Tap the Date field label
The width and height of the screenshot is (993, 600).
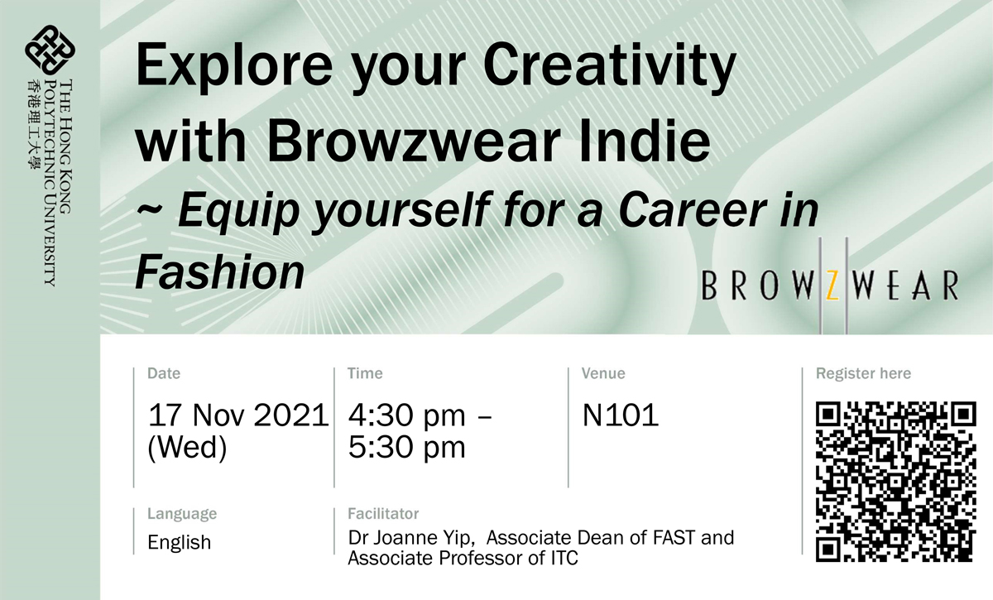point(163,373)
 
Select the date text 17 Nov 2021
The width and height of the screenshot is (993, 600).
point(237,415)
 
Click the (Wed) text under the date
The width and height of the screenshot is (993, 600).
point(187,447)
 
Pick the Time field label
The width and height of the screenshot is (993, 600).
point(365,373)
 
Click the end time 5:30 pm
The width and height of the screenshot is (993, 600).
point(406,447)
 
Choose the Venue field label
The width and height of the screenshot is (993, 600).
point(603,373)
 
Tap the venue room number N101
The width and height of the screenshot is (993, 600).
point(621,415)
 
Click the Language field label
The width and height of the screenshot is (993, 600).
point(182,513)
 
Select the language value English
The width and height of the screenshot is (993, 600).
point(180,543)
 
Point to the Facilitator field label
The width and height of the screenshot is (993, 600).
point(383,514)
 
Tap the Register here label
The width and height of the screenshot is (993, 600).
point(863,373)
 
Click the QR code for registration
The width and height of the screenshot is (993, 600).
point(896,480)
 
